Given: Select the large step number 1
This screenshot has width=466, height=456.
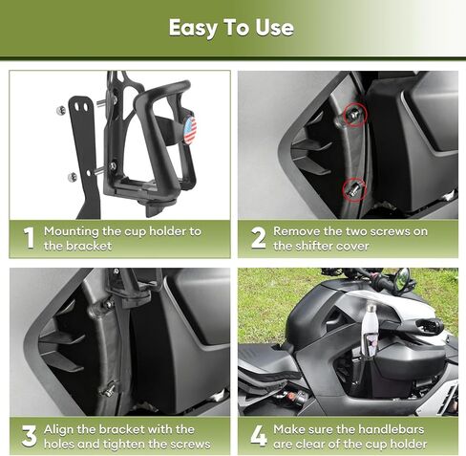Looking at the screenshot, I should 28,238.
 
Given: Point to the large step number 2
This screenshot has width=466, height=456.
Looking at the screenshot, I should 257,238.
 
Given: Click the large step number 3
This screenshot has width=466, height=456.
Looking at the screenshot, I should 28,436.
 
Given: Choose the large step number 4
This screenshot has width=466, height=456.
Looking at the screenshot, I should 257,436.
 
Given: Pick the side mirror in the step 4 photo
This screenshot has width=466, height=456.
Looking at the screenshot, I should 402,278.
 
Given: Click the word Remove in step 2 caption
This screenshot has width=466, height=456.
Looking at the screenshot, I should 296,231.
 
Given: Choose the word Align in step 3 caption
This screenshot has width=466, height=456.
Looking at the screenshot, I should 59,429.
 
